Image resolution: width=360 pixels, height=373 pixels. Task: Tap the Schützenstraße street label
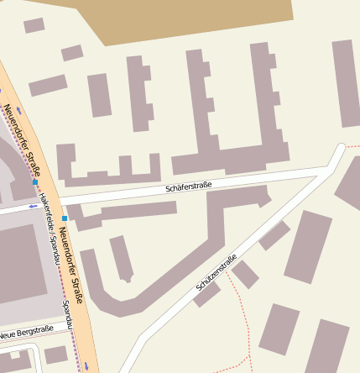[x=217, y=272]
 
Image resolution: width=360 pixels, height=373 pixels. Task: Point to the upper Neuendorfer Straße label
[x=23, y=134]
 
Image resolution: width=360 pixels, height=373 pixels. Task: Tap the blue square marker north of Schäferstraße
[x=35, y=181]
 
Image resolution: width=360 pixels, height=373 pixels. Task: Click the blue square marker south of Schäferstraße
[x=65, y=218]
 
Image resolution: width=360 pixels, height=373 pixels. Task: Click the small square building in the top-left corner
[x=34, y=26]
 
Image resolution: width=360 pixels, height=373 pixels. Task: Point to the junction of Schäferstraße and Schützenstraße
[x=324, y=171]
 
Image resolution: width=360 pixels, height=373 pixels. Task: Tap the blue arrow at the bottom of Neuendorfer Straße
[x=86, y=365]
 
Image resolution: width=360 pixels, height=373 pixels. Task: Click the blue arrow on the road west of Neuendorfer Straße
[x=33, y=206]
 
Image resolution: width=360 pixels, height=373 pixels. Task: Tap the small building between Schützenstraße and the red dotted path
[x=245, y=274]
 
